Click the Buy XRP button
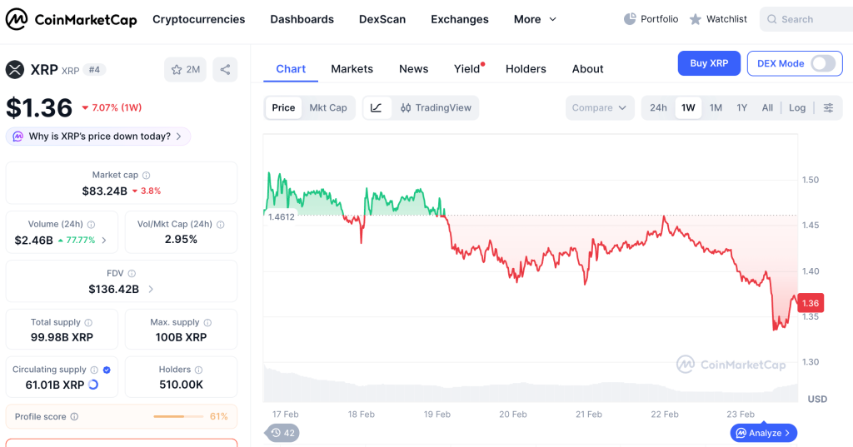point(709,63)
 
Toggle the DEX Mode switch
point(823,63)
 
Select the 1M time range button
point(716,107)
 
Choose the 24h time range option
point(658,107)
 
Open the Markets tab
point(352,69)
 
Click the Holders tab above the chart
point(526,69)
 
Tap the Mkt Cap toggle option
point(328,107)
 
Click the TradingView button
point(436,107)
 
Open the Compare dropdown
point(599,107)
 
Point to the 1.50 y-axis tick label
point(810,180)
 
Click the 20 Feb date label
point(513,415)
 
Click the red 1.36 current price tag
point(810,303)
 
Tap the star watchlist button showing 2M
point(186,70)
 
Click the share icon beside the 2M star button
point(225,70)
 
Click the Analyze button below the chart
point(763,433)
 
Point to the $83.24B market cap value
point(104,191)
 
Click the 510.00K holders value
point(181,385)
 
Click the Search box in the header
point(806,20)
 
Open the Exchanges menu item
point(460,20)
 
